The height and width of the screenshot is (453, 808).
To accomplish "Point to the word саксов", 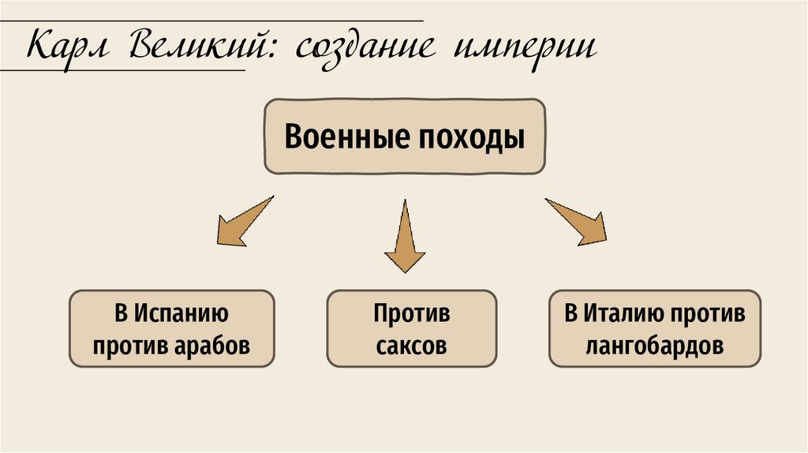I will [x=411, y=346].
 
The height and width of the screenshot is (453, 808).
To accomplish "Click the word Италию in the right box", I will [x=621, y=313].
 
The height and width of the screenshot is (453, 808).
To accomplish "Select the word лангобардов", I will [x=655, y=346].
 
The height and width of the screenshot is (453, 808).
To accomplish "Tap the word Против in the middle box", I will [x=412, y=313].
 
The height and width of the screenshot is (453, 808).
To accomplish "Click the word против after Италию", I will [x=707, y=313].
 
